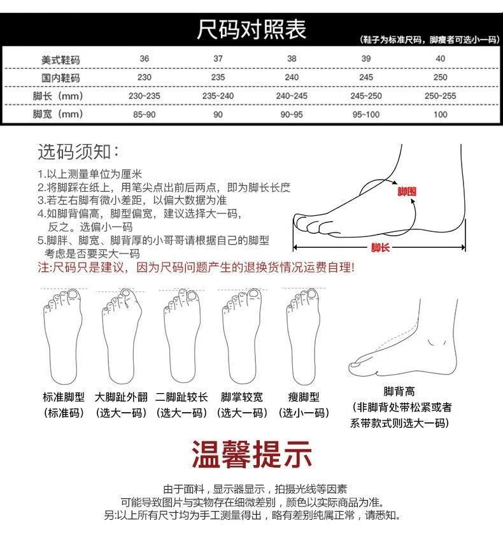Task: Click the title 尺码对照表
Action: pos(251,29)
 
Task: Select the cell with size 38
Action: pos(292,59)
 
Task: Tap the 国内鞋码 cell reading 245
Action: pos(365,77)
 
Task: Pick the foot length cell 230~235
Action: pos(145,96)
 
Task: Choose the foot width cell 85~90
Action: pos(145,115)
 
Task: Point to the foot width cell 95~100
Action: pos(365,115)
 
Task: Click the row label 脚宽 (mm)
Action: pos(58,115)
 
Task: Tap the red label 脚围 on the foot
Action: pos(407,191)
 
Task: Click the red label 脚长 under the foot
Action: pos(380,248)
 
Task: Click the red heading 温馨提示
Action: pos(252,453)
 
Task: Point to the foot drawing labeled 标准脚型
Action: pos(63,334)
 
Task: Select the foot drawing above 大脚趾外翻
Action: pos(121,334)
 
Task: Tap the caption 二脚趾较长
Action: pos(182,396)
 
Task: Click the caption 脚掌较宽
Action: pos(242,396)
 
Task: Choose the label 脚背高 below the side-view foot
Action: pos(400,391)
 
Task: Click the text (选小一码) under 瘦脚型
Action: pos(304,413)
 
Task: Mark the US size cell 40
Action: pos(440,59)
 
